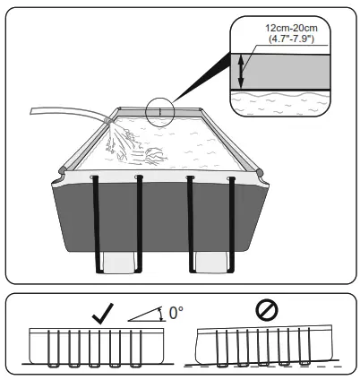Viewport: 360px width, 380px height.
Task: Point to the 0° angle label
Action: tap(176, 314)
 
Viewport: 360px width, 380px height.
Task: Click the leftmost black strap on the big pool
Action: tap(95, 224)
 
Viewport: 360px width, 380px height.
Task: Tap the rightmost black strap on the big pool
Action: tap(232, 224)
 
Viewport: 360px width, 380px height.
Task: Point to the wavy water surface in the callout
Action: tap(287, 94)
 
